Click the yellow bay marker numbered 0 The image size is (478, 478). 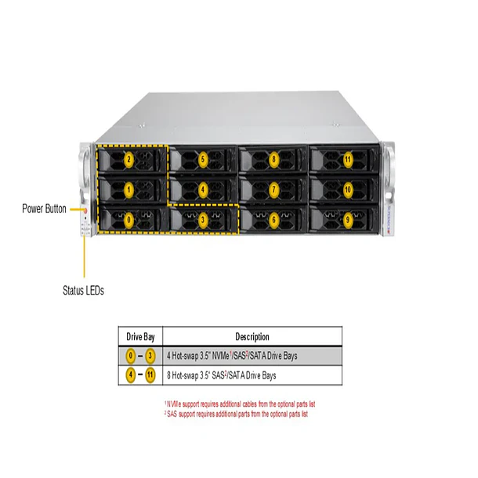[129, 220]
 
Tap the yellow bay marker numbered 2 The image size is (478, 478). [129, 160]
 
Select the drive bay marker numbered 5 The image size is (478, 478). [203, 160]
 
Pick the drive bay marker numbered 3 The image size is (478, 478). [203, 220]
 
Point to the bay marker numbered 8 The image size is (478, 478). [273, 160]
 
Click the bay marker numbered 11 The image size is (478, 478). [347, 160]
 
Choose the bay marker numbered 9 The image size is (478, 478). [347, 220]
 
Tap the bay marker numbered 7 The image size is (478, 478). [273, 190]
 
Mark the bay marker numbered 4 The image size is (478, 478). [203, 190]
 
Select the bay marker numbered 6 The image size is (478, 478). [273, 220]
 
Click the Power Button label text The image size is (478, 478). [45, 209]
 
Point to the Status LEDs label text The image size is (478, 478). [83, 290]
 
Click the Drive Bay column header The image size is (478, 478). [141, 336]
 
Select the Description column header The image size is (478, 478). [252, 336]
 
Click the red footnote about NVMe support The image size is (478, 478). [240, 404]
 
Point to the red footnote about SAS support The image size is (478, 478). [237, 413]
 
